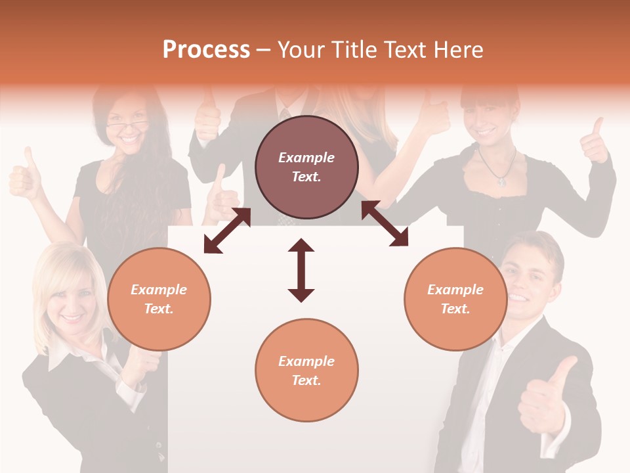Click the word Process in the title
[x=206, y=50]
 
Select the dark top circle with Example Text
[x=306, y=168]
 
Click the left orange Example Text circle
[x=159, y=299]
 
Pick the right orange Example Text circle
[x=455, y=299]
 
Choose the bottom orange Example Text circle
[x=306, y=371]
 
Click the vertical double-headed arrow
[x=301, y=270]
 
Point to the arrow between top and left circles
[x=227, y=231]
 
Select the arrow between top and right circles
[x=385, y=224]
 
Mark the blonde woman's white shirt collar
[x=63, y=358]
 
